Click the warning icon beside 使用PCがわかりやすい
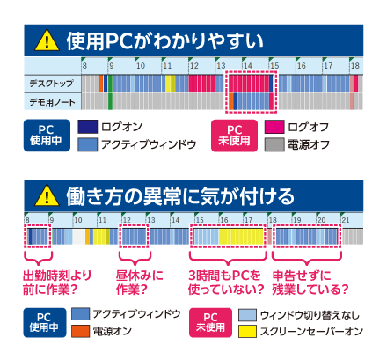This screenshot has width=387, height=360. tap(47, 41)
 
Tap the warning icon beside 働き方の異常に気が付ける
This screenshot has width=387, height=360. tap(47, 196)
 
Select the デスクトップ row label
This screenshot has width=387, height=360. tap(51, 84)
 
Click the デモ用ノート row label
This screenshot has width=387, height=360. tap(52, 102)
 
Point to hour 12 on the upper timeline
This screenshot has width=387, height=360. tap(194, 66)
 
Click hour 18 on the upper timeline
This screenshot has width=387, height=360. tap(355, 66)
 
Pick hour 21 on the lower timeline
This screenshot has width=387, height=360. tap(346, 220)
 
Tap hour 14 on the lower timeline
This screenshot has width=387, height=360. tap(175, 220)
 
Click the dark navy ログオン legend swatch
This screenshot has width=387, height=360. tap(88, 127)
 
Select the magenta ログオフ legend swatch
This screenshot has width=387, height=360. tap(274, 127)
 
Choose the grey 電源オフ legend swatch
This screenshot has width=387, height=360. tap(274, 144)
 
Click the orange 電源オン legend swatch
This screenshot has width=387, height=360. tap(80, 331)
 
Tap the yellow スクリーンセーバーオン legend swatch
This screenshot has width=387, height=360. tap(247, 331)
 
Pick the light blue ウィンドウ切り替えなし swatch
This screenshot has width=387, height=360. tap(247, 315)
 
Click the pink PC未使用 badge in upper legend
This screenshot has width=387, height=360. tap(234, 136)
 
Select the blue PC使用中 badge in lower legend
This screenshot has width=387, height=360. tap(45, 322)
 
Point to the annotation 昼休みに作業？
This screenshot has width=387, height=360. tap(140, 283)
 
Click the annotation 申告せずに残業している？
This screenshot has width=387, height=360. tap(310, 283)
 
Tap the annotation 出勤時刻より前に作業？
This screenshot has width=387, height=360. tap(57, 283)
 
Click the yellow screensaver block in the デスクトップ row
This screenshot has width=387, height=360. tap(171, 84)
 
